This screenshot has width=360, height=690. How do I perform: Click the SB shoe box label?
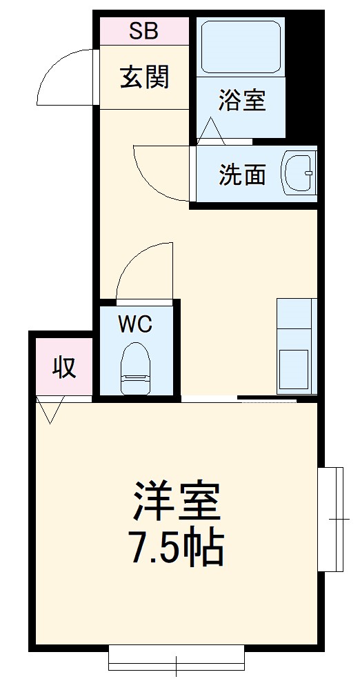[x=144, y=31]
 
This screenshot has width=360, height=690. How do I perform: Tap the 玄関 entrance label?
[x=144, y=77]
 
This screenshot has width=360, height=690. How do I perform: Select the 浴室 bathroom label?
[x=241, y=101]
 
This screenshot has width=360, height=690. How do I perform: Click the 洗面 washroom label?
[x=242, y=175]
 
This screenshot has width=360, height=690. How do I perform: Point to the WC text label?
[x=135, y=324]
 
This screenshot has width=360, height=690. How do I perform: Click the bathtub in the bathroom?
[x=240, y=47]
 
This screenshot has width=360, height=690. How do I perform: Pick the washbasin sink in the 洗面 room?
[x=298, y=173]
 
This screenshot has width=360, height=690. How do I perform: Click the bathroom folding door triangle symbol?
[x=212, y=131]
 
